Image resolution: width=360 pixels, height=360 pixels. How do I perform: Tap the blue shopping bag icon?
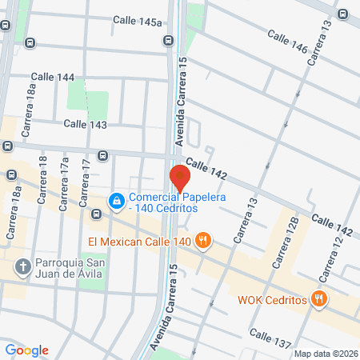coord(117,200)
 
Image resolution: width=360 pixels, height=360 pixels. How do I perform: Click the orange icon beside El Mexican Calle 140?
coord(204,239)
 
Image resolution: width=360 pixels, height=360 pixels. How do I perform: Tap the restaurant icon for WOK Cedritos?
coord(318,299)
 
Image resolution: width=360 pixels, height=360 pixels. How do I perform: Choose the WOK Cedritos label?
coord(273,300)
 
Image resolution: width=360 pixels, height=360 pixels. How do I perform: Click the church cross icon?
coord(24,266)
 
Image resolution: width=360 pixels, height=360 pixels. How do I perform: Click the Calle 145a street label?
coord(138,22)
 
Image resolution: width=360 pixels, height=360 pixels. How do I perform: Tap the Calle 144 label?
coord(54,77)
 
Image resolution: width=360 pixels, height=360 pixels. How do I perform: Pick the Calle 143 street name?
coord(86,124)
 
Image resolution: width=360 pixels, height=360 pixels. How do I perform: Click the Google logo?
coord(27,350)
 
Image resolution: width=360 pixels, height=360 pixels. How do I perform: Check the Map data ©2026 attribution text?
coord(326,354)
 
